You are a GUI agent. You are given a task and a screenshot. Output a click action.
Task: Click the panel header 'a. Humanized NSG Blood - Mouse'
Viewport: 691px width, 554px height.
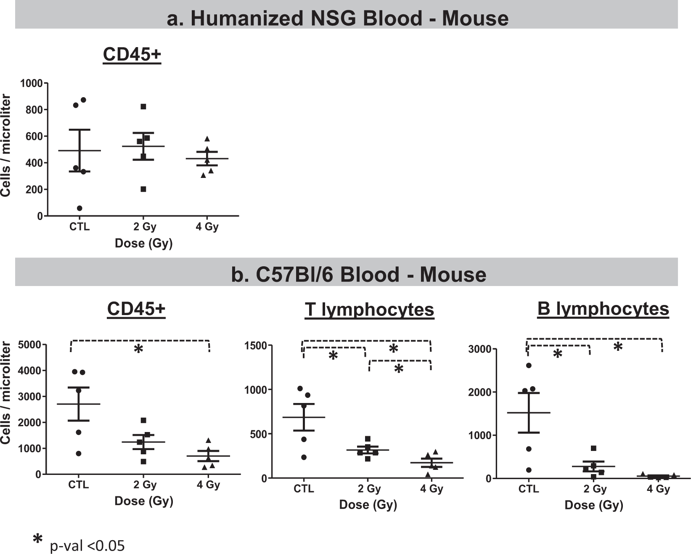[x=337, y=19]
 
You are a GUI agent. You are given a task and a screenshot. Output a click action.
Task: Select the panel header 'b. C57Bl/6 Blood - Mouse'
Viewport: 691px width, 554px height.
[x=358, y=275]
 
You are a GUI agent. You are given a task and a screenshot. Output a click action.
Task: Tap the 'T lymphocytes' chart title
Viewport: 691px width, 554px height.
[x=369, y=310]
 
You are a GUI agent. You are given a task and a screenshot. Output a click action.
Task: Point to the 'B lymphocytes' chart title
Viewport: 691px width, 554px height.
[x=603, y=309]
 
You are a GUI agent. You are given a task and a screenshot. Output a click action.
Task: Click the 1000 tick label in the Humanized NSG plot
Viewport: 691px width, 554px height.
[x=32, y=83]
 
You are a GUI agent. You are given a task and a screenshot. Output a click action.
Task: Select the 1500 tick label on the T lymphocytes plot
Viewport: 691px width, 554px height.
[x=256, y=346]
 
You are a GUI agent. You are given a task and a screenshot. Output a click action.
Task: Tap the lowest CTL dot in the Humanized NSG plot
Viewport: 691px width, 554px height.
[x=79, y=208]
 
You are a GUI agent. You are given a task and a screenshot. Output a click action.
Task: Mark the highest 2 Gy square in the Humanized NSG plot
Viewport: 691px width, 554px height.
[x=143, y=107]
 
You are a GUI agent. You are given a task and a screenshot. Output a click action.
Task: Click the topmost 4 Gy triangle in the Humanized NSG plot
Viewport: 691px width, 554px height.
[x=207, y=139]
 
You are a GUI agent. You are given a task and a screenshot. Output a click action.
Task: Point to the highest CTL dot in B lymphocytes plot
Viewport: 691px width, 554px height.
[x=529, y=366]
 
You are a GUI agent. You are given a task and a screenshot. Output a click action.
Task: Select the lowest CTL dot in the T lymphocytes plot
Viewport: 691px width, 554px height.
[x=304, y=457]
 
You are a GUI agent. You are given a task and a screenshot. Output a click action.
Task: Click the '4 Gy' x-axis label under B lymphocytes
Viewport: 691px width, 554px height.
[x=658, y=489]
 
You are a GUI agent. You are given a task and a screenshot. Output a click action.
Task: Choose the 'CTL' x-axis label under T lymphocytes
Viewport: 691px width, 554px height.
[x=304, y=489]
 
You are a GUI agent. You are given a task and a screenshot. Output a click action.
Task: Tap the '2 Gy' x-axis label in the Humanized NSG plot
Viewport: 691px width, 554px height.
[x=145, y=227]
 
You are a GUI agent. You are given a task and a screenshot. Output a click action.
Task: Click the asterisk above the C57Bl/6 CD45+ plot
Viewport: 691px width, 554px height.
[x=138, y=349]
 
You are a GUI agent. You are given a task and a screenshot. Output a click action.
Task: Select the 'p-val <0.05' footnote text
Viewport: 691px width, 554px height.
[x=87, y=546]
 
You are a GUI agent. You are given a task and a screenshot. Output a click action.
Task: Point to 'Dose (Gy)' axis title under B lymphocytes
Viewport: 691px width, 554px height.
[x=593, y=505]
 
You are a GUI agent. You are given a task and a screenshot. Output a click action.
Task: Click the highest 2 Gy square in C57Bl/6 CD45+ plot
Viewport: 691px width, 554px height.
[x=143, y=420]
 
